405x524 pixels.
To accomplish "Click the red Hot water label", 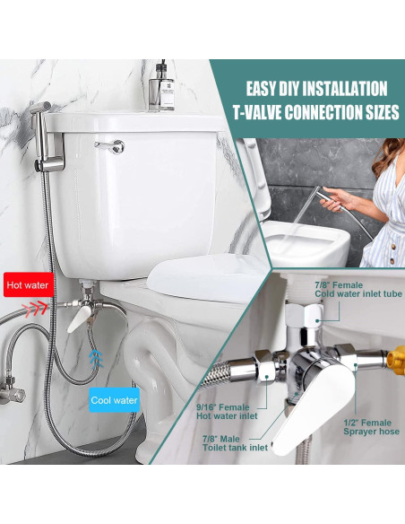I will [27, 285].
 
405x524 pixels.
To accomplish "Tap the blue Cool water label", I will [114, 400].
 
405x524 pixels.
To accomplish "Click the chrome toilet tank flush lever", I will [111, 145].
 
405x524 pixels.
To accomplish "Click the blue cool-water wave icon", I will [95, 360].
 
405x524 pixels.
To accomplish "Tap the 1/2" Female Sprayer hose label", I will [368, 426].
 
